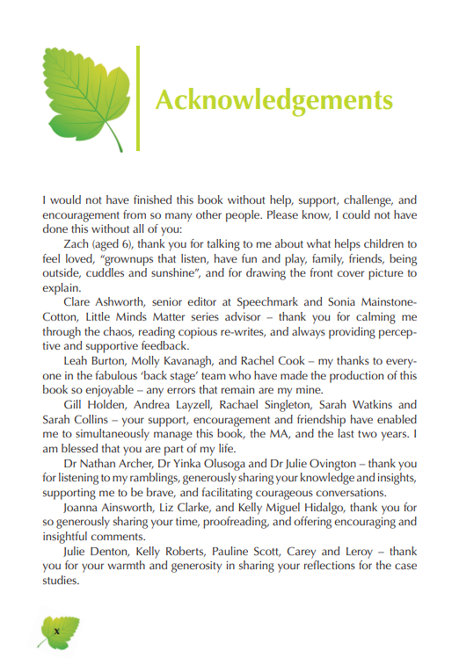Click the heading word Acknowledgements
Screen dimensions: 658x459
(273, 99)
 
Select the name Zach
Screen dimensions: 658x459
(80, 242)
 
